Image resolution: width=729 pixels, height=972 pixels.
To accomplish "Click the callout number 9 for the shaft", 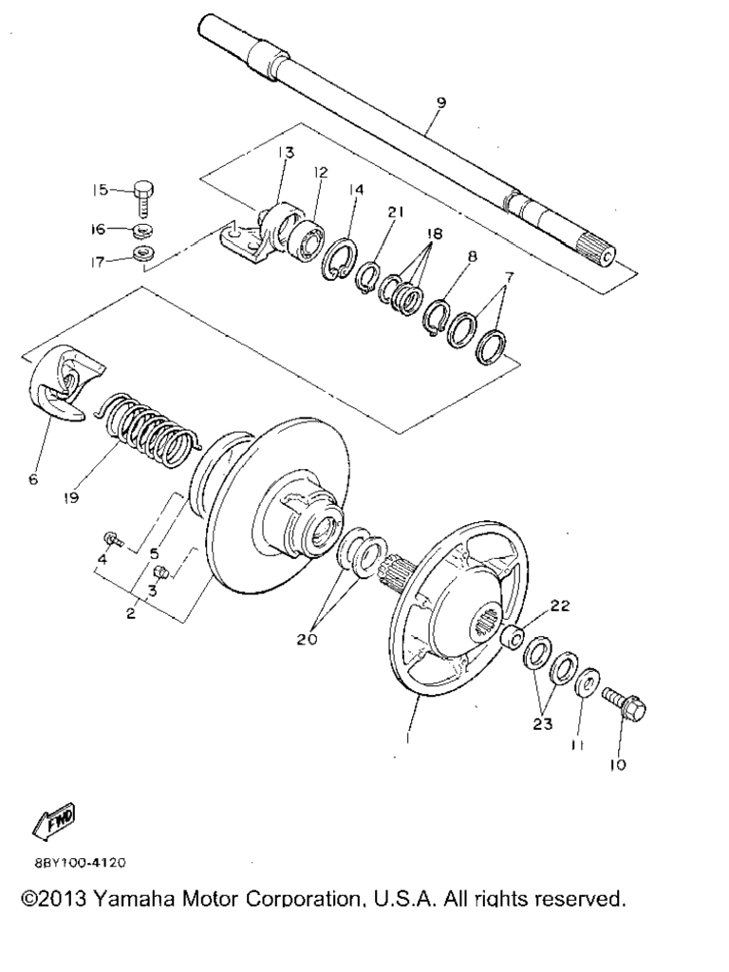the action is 440,103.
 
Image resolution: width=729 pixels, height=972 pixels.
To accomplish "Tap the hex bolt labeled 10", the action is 625,705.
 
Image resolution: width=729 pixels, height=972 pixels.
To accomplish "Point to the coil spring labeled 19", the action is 150,429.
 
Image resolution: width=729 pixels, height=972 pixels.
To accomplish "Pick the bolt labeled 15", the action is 144,197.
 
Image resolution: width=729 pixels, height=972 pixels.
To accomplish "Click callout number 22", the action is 559,607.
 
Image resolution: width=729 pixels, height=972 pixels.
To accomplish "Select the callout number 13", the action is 286,153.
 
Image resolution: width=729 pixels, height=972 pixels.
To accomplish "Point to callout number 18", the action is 434,234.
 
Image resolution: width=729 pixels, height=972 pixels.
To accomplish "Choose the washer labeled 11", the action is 587,682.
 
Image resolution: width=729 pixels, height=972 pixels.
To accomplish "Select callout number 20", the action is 307,639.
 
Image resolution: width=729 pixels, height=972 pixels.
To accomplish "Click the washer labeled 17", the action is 144,252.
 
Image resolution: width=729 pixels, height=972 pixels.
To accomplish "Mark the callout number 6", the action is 33,479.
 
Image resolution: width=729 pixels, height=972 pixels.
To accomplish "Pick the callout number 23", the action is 542,722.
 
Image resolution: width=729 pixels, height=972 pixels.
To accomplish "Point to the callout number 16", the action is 98,229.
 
